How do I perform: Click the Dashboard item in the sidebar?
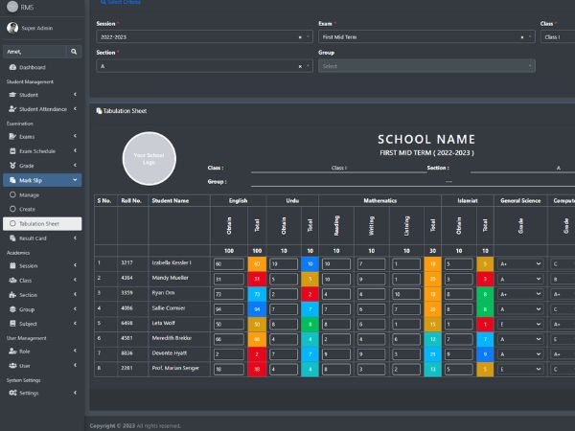[x=32, y=67]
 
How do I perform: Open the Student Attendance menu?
[x=43, y=109]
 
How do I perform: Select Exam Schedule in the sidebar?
[x=37, y=151]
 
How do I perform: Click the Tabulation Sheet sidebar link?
[x=39, y=223]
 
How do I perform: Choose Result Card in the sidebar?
[x=34, y=238]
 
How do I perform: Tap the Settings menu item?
[x=30, y=393]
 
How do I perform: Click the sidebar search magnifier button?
[x=74, y=52]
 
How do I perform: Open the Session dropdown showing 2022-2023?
[x=196, y=36]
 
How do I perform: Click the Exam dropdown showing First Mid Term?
[x=422, y=36]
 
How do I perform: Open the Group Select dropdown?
[x=425, y=66]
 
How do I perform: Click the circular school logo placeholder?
[x=149, y=158]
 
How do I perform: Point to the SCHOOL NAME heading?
[x=425, y=140]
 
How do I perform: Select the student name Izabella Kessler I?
[x=172, y=262]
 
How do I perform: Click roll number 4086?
[x=126, y=307]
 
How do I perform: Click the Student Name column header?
[x=170, y=201]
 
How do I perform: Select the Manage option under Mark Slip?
[x=30, y=194]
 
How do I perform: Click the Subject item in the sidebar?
[x=30, y=324]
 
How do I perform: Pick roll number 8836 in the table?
[x=126, y=353]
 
